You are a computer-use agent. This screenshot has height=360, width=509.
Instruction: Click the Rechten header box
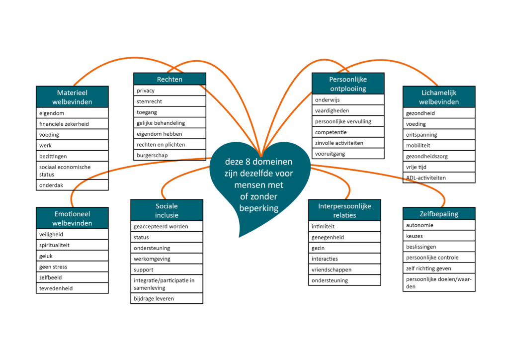coord(170,79)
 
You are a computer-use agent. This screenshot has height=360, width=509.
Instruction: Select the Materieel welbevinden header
coord(72,97)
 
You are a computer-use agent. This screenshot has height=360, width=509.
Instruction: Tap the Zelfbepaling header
coord(438,214)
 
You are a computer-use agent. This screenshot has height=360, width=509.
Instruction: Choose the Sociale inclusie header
coord(167,210)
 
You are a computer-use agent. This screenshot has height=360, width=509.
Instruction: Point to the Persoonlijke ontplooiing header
coord(347,84)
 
